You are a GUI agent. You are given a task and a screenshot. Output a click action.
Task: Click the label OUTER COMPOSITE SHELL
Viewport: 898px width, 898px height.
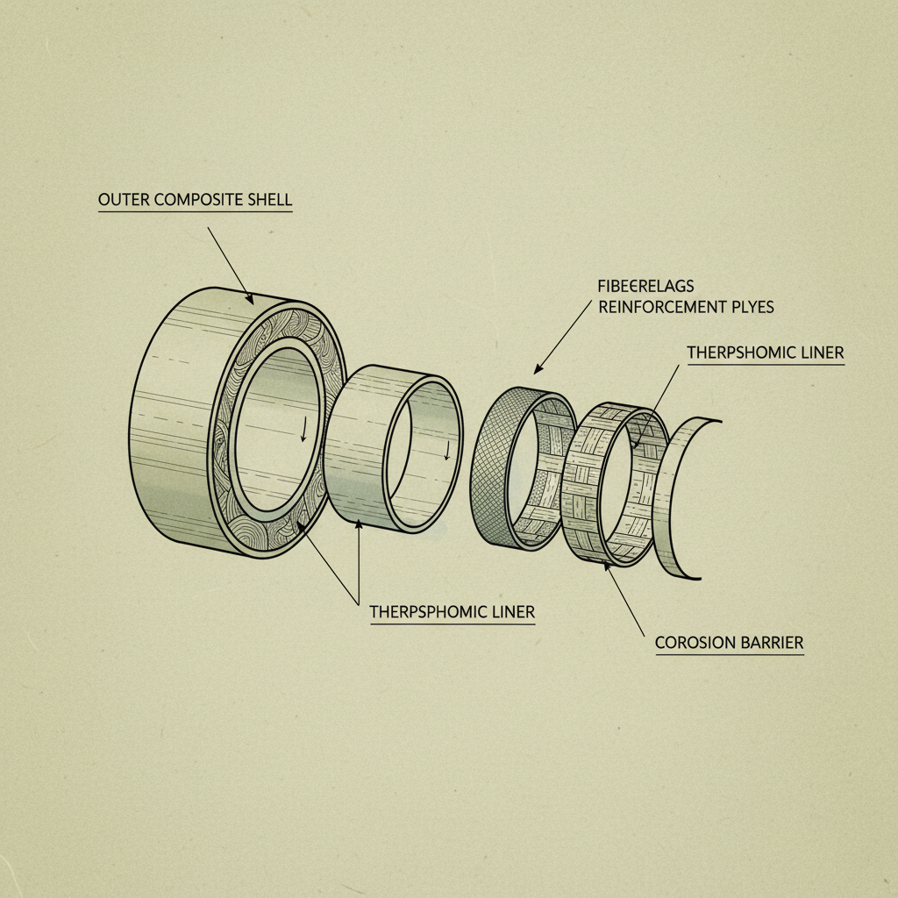(x=195, y=200)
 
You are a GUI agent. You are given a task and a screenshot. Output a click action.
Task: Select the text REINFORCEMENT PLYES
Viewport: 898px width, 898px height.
(x=686, y=308)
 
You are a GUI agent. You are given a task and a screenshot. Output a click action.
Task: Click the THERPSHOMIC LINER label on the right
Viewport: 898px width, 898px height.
(x=766, y=353)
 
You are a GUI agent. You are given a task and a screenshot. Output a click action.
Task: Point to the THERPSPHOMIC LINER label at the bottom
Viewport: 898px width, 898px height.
(x=452, y=610)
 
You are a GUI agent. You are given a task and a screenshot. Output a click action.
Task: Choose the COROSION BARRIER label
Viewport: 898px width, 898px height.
(x=729, y=643)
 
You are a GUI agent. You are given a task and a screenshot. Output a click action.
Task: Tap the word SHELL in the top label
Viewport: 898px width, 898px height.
(x=271, y=200)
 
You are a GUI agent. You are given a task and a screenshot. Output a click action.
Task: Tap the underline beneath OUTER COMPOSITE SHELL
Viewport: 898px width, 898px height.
(x=195, y=212)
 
